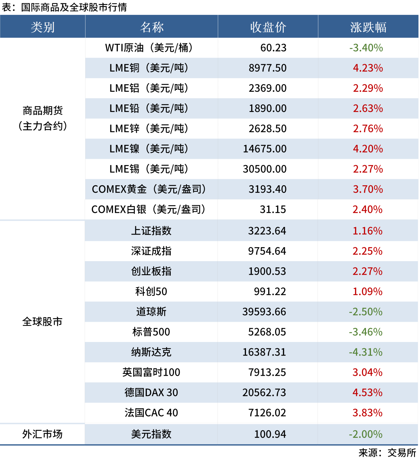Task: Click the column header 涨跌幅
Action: click(x=368, y=27)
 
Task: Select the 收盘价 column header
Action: click(x=268, y=27)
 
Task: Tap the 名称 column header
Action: click(x=152, y=27)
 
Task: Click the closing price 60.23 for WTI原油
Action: click(x=273, y=48)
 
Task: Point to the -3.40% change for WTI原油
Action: click(x=366, y=48)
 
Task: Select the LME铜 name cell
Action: click(x=149, y=68)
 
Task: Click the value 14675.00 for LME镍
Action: click(x=265, y=149)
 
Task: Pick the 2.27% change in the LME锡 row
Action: click(x=368, y=169)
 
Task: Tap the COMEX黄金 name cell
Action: click(x=149, y=189)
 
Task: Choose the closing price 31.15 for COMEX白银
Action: click(x=272, y=209)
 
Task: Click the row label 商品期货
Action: click(x=42, y=111)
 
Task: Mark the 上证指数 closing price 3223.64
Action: click(x=267, y=231)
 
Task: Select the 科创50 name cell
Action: click(x=151, y=291)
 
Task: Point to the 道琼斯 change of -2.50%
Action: click(x=366, y=312)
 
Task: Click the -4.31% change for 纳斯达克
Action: click(x=366, y=352)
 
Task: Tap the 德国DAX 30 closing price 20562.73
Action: click(x=264, y=392)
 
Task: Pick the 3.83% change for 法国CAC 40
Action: click(x=367, y=413)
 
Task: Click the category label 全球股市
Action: click(x=42, y=321)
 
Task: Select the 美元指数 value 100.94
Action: click(x=270, y=434)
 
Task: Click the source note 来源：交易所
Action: click(x=387, y=452)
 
